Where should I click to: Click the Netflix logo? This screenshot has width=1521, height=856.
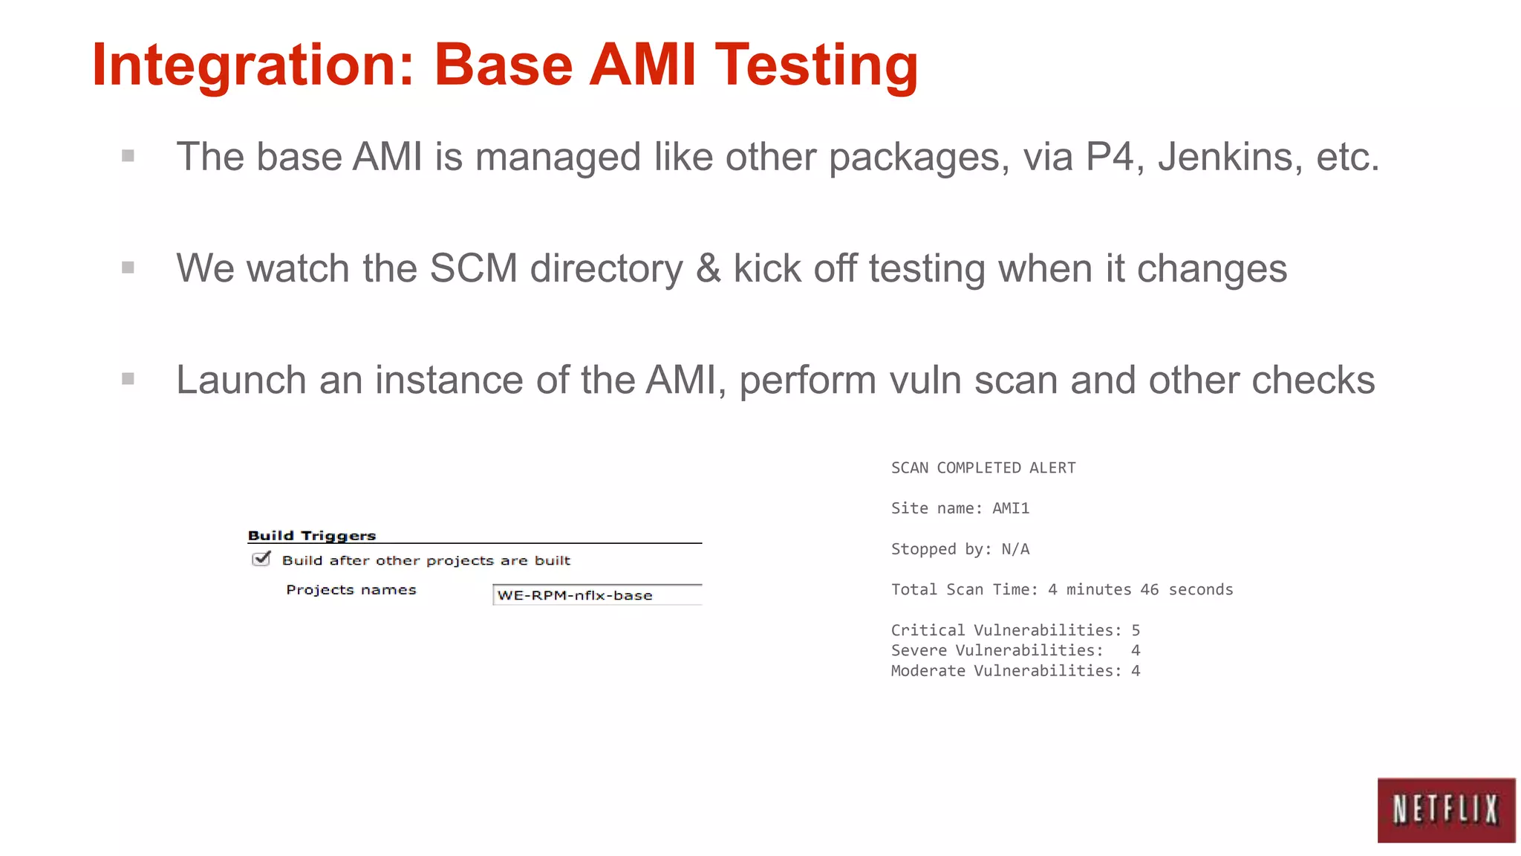pyautogui.click(x=1445, y=810)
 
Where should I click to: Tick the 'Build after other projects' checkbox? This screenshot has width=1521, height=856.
pyautogui.click(x=261, y=560)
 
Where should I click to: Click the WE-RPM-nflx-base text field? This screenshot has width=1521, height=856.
pyautogui.click(x=597, y=595)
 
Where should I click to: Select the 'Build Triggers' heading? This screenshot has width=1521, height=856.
pyautogui.click(x=312, y=536)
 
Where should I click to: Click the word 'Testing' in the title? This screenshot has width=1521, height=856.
pyautogui.click(x=816, y=65)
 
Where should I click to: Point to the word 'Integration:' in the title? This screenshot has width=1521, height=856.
pyautogui.click(x=253, y=65)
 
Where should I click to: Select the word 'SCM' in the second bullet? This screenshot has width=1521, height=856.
pyautogui.click(x=473, y=268)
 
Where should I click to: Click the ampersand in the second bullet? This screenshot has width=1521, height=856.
pyautogui.click(x=708, y=268)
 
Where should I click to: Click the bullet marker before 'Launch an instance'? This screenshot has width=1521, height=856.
pyautogui.click(x=128, y=379)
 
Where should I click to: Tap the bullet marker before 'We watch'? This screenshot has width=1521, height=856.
pyautogui.click(x=128, y=267)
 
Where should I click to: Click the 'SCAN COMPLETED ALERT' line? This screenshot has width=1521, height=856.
pyautogui.click(x=983, y=468)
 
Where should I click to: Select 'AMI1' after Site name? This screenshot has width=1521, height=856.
pyautogui.click(x=1011, y=508)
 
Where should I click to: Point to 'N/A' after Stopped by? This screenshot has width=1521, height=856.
pyautogui.click(x=1015, y=549)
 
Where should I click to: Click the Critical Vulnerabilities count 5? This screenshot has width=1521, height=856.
pyautogui.click(x=1136, y=630)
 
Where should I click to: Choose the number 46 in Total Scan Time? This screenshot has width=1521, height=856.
pyautogui.click(x=1150, y=589)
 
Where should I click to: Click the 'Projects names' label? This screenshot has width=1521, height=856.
pyautogui.click(x=351, y=590)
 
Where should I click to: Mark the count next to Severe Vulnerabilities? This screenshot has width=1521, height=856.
pyautogui.click(x=1136, y=650)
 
